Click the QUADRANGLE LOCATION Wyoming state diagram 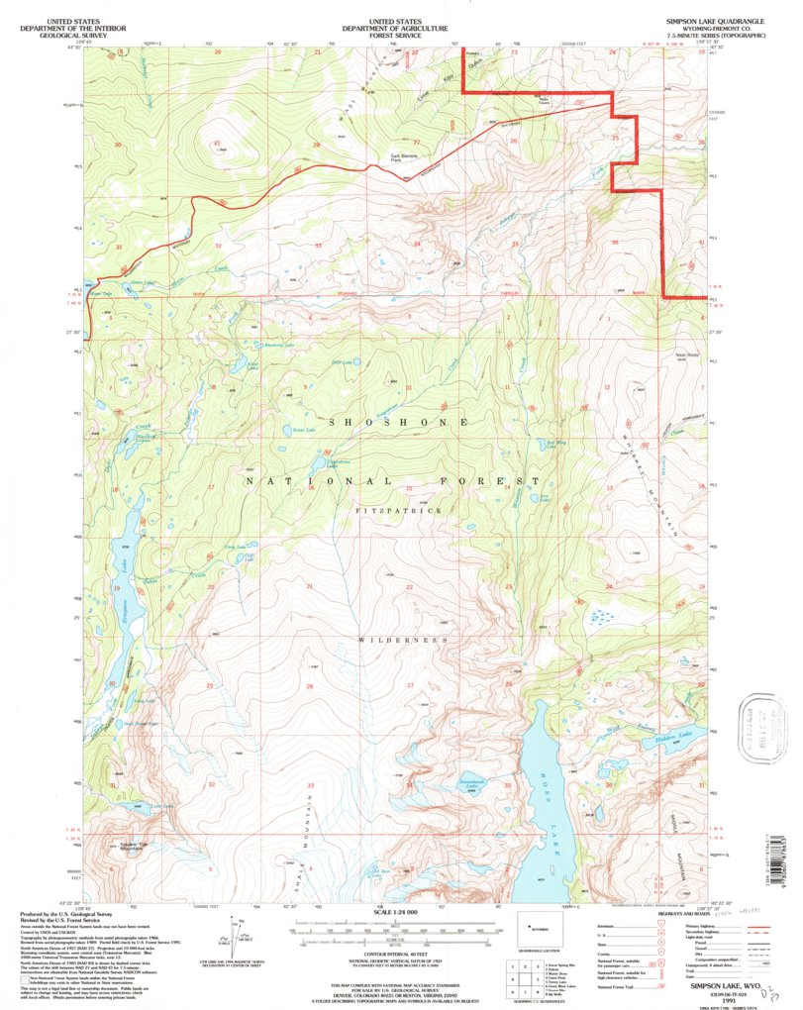pos(541,931)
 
